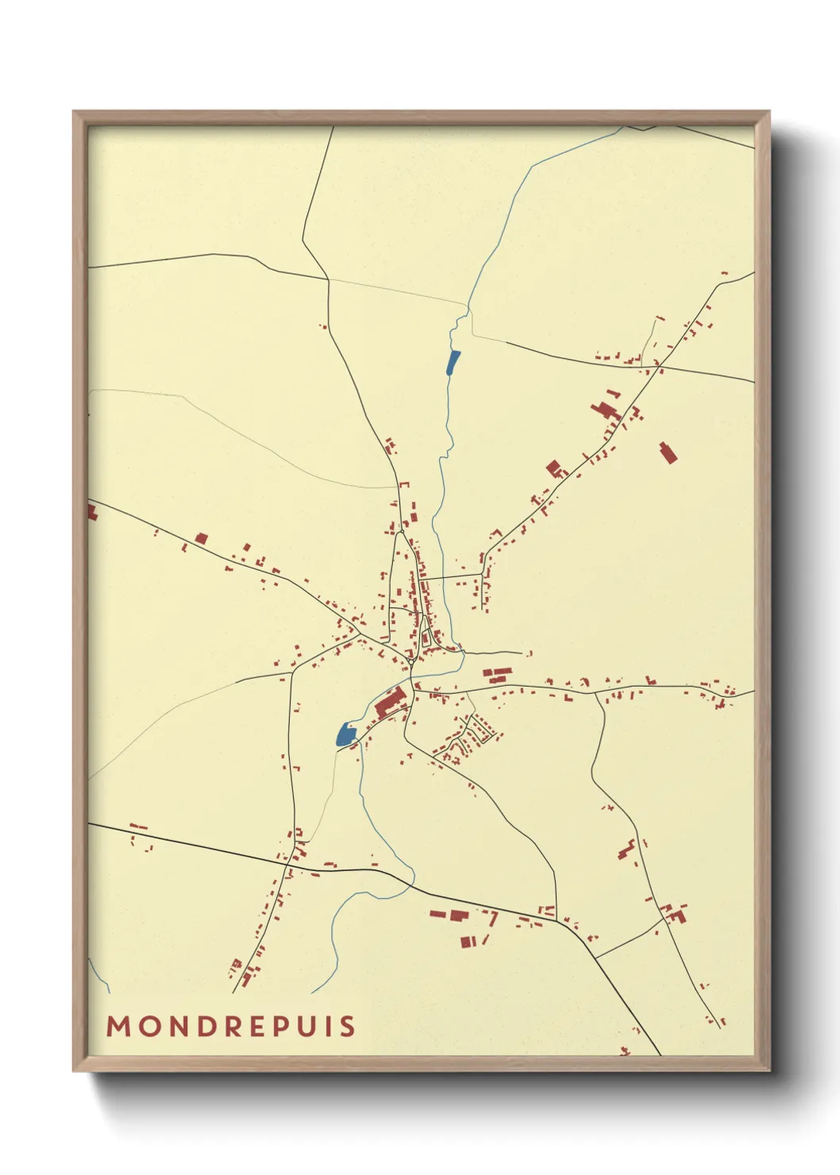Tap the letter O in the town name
[x=150, y=1027]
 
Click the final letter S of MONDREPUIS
[x=348, y=1027]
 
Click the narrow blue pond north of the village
[x=453, y=362]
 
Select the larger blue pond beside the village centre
[x=345, y=734]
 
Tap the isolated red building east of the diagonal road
[x=668, y=453]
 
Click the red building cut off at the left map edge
[x=91, y=512]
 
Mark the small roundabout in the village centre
[x=411, y=660]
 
